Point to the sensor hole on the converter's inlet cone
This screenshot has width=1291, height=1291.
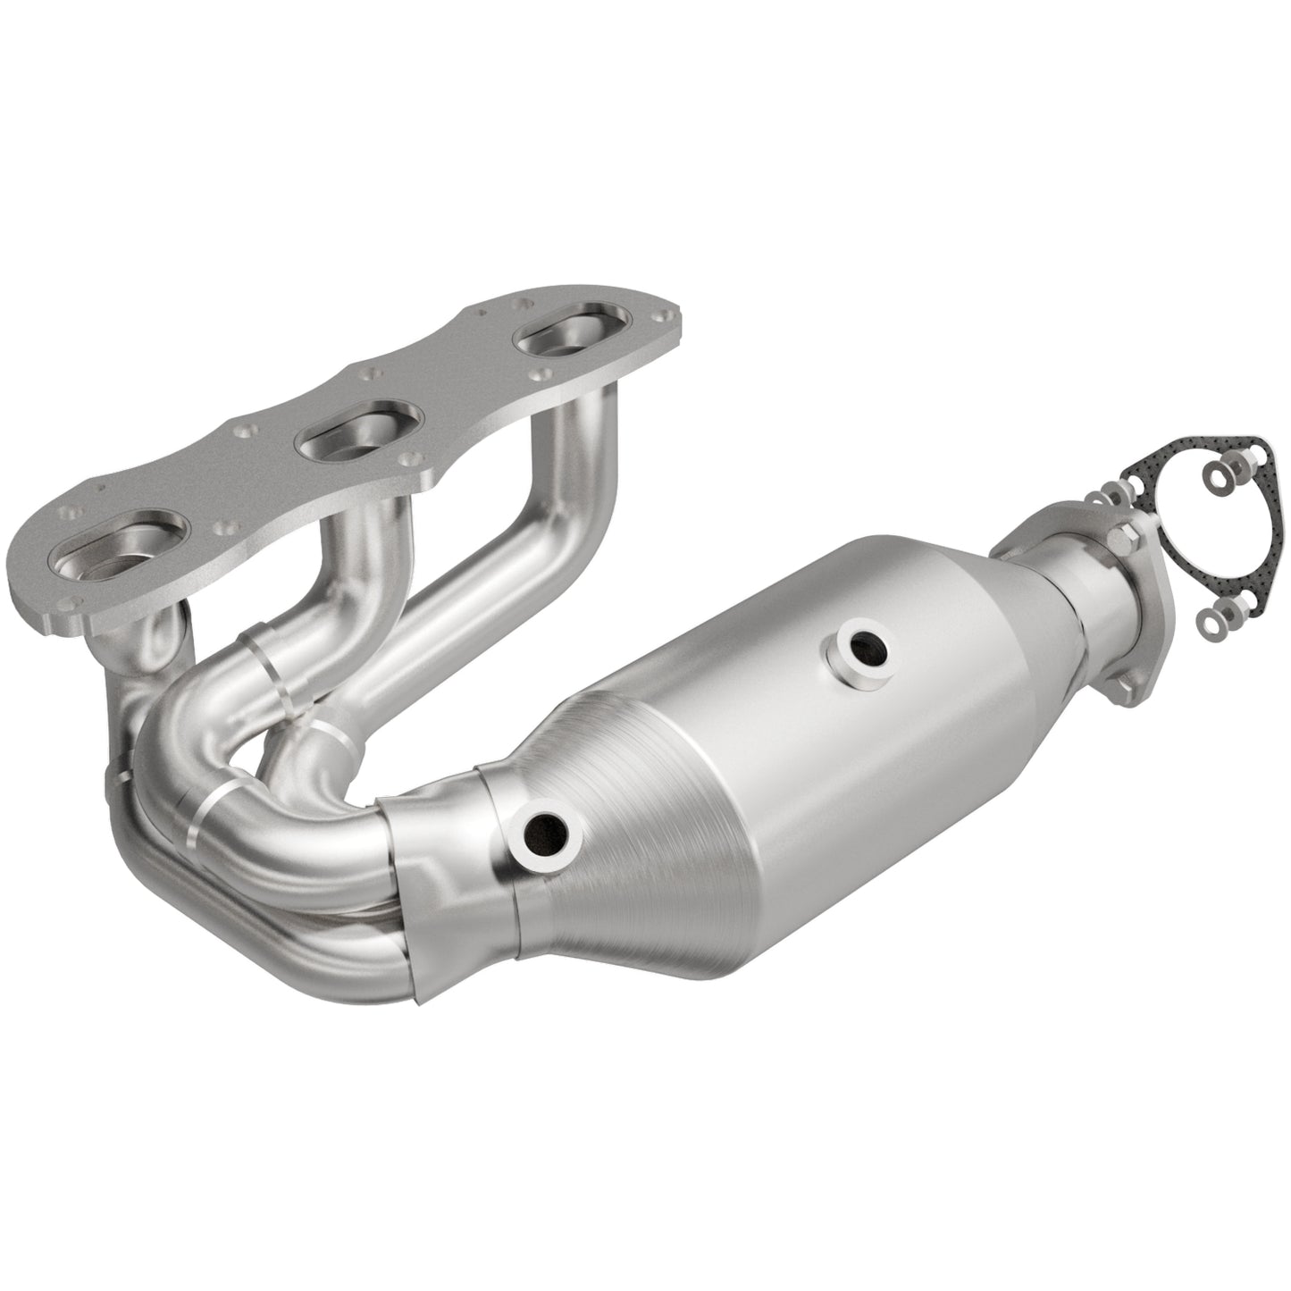pos(541,837)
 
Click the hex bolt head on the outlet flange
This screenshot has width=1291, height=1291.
pos(1123,538)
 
